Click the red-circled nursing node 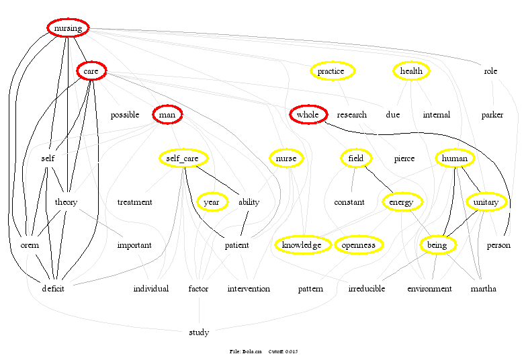68,28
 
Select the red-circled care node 91,71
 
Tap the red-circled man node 167,115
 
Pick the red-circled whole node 308,115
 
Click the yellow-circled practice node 331,71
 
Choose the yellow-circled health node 411,71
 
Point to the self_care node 182,159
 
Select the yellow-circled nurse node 286,159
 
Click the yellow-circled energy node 402,201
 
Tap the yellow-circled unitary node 485,201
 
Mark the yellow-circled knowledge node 302,245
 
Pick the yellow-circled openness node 358,245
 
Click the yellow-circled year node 212,201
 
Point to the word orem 30,245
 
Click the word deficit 53,289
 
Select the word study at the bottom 199,332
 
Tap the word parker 492,115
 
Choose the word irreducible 367,289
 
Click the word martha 484,289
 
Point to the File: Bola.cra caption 245,351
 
